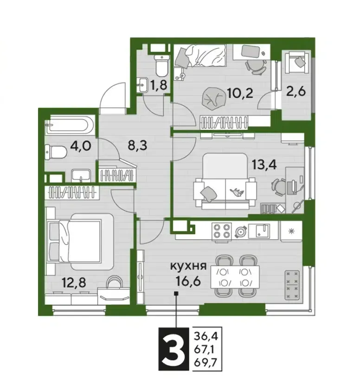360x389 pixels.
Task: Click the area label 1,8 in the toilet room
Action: [158, 85]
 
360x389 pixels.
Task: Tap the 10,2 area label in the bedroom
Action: [240, 93]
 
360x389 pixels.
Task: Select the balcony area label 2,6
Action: [296, 91]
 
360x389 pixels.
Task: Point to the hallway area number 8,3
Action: [137, 146]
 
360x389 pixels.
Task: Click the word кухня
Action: [188, 266]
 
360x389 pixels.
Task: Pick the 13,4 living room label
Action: [264, 164]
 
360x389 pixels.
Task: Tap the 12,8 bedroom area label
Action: [74, 282]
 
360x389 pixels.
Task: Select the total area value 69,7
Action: [206, 363]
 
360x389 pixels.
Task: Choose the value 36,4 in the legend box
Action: [206, 337]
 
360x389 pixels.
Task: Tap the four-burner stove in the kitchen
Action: [221, 231]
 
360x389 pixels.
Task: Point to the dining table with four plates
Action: [235, 277]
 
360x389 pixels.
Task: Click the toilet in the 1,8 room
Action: [162, 65]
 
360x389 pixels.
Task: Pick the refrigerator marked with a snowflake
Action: [291, 231]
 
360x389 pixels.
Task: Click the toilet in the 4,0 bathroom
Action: [56, 152]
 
